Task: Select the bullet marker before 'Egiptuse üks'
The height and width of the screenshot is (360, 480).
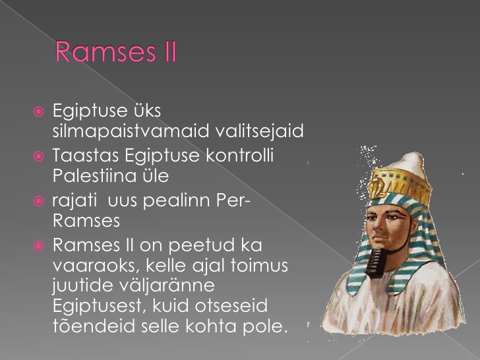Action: [x=38, y=111]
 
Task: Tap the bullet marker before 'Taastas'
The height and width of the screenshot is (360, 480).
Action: [x=38, y=156]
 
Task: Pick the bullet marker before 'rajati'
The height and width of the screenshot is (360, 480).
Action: [x=38, y=201]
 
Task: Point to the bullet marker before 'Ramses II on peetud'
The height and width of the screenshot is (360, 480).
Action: [x=38, y=246]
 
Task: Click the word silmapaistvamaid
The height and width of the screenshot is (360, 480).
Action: [x=131, y=132]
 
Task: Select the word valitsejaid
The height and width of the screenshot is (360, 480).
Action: [x=259, y=132]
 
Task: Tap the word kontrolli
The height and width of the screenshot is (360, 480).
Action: [x=239, y=155]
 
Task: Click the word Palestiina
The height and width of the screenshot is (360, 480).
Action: [x=94, y=175]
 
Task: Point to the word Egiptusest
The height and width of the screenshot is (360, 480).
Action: [x=98, y=306]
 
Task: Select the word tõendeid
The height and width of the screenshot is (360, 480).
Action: [x=94, y=326]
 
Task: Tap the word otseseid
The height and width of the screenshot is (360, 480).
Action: [x=231, y=306]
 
